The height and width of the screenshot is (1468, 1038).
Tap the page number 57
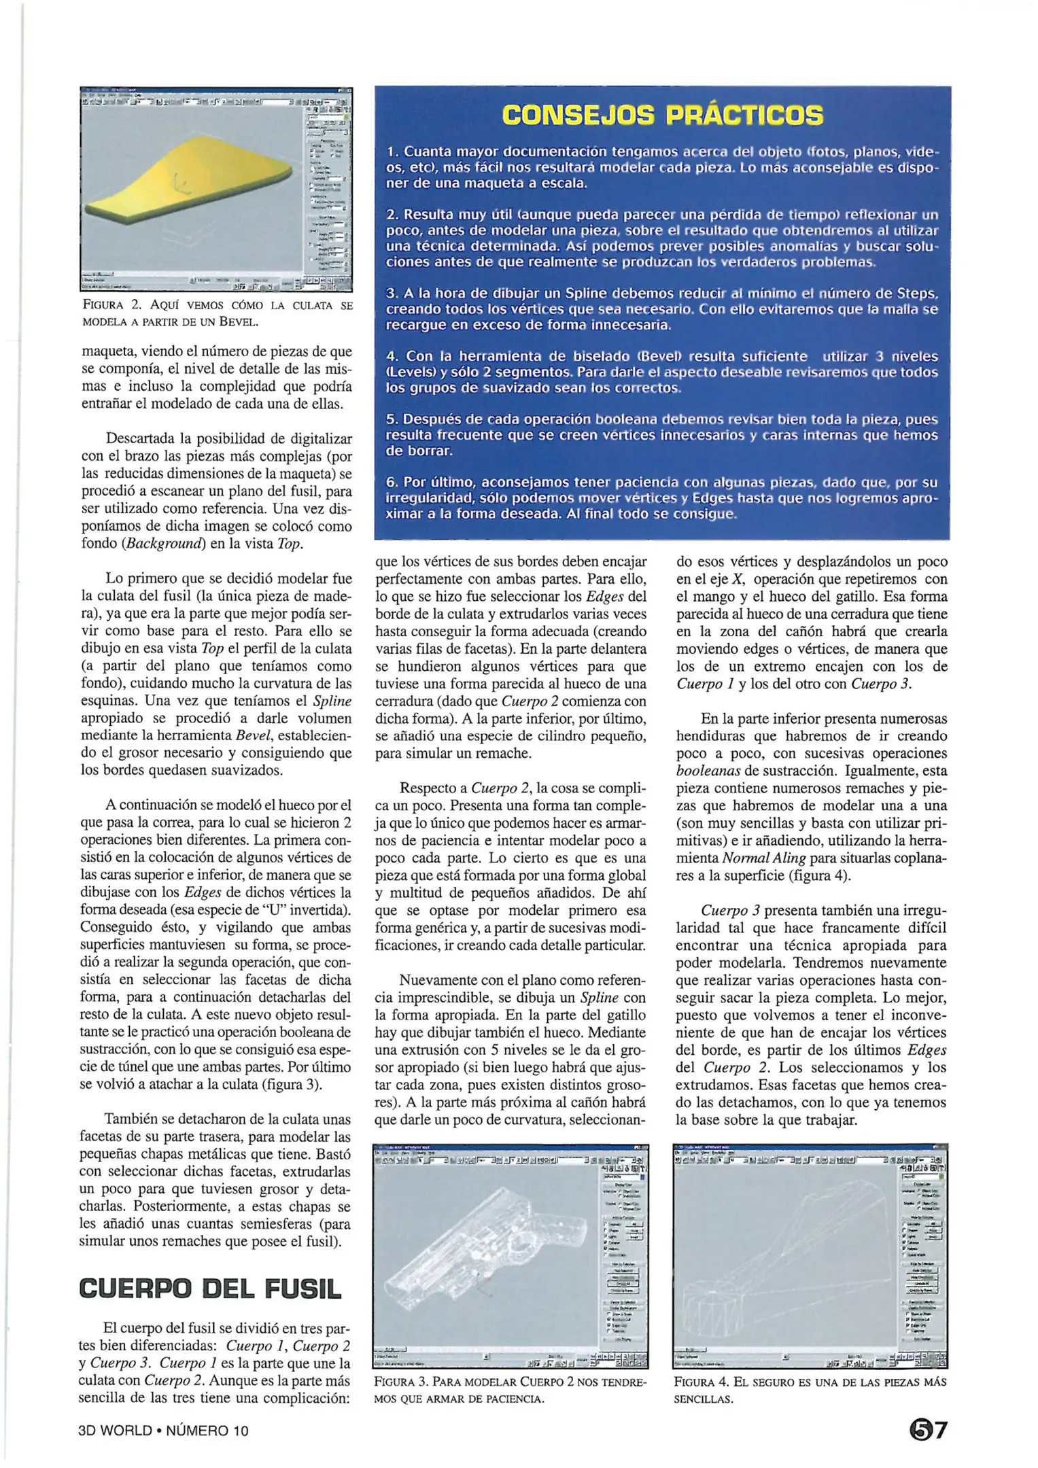[x=928, y=1430]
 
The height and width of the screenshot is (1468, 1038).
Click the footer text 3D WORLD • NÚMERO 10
[x=163, y=1431]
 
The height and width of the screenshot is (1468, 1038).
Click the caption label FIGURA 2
[x=111, y=306]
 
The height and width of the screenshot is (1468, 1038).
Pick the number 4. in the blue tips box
[x=392, y=357]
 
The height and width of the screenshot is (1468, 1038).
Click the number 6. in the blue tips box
[x=392, y=483]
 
